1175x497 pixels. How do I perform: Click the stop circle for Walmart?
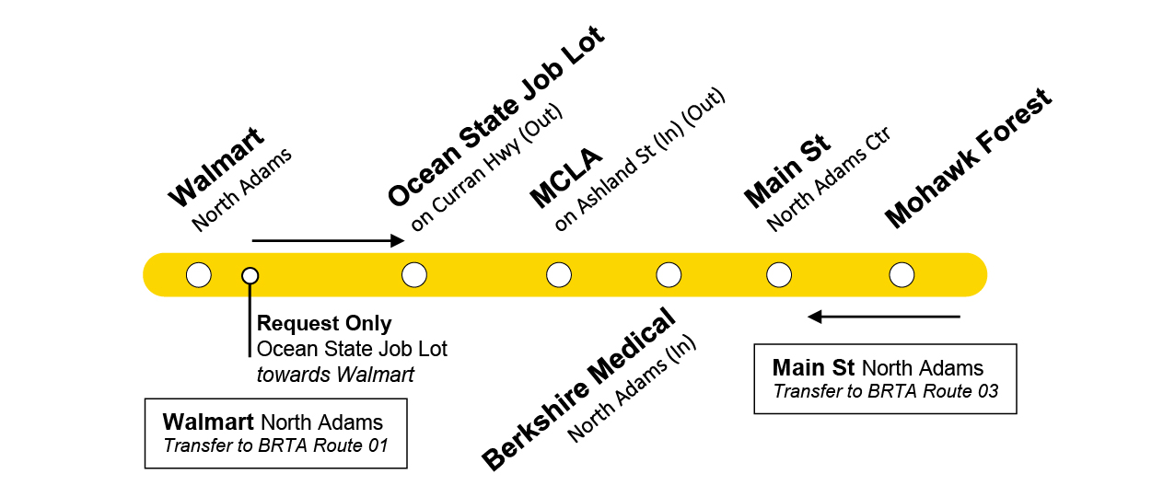(198, 274)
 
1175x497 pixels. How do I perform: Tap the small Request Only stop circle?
(250, 275)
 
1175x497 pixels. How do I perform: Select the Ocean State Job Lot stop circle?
(414, 274)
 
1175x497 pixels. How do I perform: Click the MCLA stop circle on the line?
(559, 274)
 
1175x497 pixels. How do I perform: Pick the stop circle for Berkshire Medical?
(669, 274)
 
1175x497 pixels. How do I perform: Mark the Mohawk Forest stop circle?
(902, 274)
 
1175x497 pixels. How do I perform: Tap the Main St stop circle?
(779, 274)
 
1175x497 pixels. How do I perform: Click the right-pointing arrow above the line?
(328, 241)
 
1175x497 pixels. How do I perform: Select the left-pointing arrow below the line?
(884, 317)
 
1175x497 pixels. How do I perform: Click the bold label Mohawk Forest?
(968, 158)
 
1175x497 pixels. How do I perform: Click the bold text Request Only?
(324, 324)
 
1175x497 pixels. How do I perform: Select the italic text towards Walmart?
(335, 375)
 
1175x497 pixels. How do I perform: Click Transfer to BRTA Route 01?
(275, 447)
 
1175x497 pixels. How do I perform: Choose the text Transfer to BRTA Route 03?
(885, 391)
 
